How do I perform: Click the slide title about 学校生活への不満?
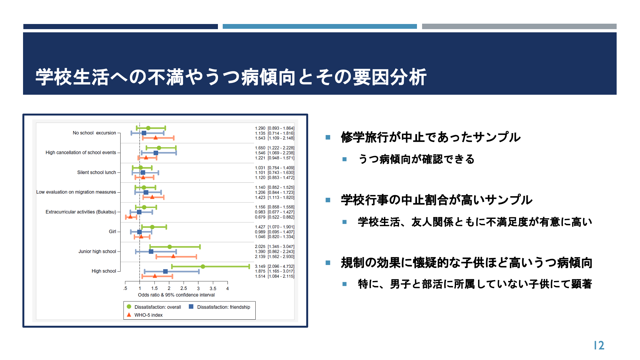(x=231, y=77)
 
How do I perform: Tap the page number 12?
(x=599, y=345)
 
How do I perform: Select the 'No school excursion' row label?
(x=94, y=133)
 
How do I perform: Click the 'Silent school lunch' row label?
(x=97, y=172)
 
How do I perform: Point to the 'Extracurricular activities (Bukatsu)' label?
(x=81, y=212)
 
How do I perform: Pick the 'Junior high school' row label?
(x=97, y=252)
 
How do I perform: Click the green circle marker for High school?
(x=203, y=267)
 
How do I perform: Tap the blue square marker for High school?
(x=165, y=271)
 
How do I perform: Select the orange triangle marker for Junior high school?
(x=173, y=256)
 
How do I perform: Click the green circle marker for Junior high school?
(x=170, y=247)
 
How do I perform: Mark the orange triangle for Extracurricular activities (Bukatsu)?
(x=130, y=217)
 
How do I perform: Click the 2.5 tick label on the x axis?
(x=184, y=288)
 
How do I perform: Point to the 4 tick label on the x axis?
(x=228, y=288)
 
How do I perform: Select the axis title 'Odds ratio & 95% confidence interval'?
(x=176, y=295)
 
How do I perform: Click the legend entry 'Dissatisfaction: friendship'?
(x=220, y=307)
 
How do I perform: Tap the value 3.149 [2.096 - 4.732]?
(x=275, y=266)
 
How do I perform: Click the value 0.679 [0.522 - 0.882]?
(x=275, y=217)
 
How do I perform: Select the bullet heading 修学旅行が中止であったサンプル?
(x=431, y=137)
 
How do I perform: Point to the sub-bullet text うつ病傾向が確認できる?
(x=416, y=159)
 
